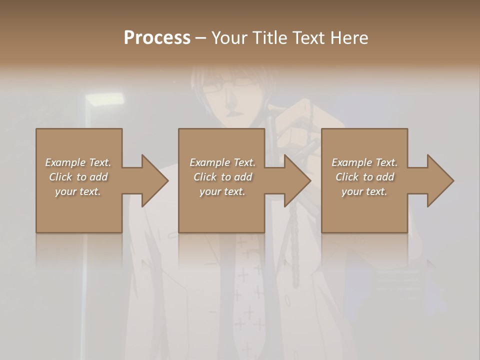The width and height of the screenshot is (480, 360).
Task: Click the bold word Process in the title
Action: (157, 38)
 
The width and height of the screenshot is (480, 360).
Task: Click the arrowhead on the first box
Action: (153, 180)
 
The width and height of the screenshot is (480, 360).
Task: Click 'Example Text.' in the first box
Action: (78, 162)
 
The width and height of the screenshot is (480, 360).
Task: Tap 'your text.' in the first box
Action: (78, 191)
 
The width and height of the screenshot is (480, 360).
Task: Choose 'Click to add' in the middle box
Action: (222, 177)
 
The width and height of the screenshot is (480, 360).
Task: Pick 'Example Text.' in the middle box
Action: (222, 162)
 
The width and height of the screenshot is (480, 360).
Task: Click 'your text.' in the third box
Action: (364, 191)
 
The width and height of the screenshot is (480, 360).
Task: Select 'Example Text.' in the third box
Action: (364, 162)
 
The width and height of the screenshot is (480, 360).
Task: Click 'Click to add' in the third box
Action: (364, 177)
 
